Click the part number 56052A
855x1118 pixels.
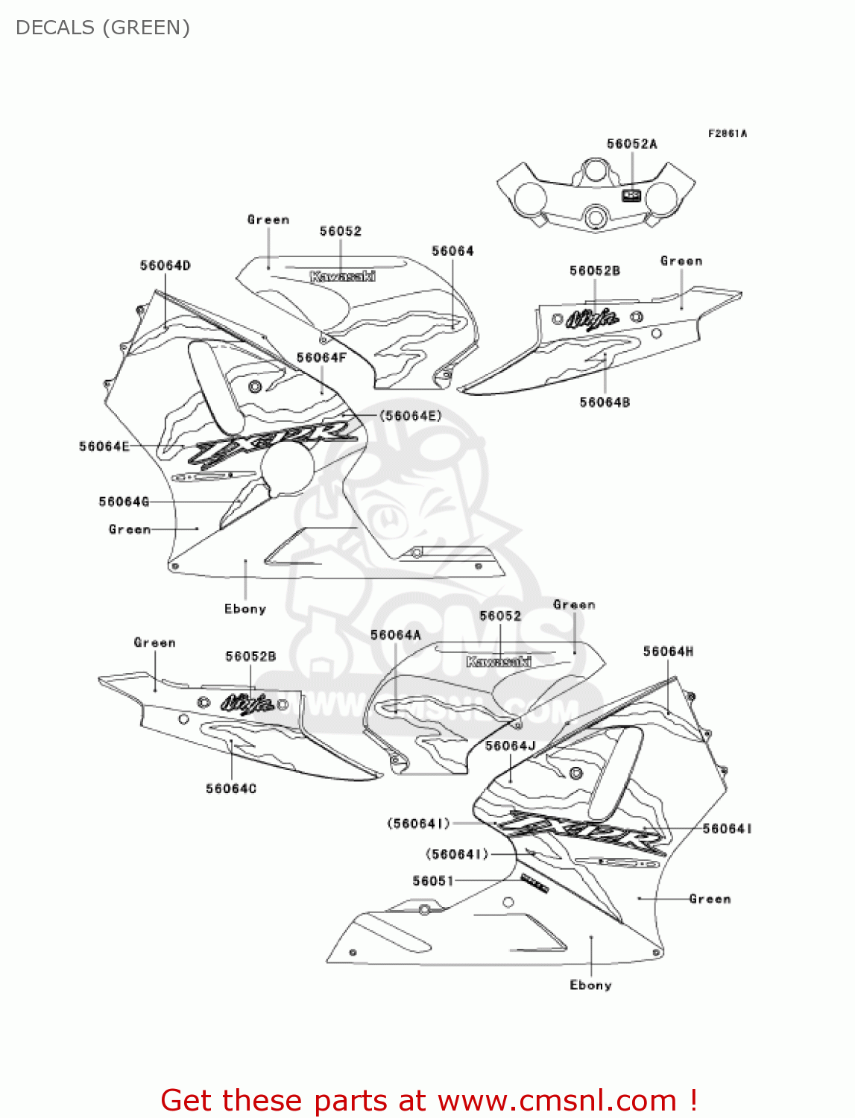pyautogui.click(x=631, y=144)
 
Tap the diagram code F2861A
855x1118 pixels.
pyautogui.click(x=727, y=133)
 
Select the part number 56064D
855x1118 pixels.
pyautogui.click(x=165, y=265)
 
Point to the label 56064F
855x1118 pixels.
pyautogui.click(x=321, y=358)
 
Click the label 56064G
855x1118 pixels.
pyautogui.click(x=124, y=502)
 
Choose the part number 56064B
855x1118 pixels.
pyautogui.click(x=605, y=402)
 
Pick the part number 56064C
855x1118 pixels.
pyautogui.click(x=231, y=789)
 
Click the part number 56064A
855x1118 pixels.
pyautogui.click(x=396, y=635)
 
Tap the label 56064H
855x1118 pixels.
pyautogui.click(x=668, y=651)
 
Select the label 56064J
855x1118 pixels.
pyautogui.click(x=511, y=745)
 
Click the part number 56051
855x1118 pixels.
pyautogui.click(x=432, y=881)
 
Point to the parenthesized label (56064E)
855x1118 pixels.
pyautogui.click(x=411, y=416)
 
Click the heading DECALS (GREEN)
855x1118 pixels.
pyautogui.click(x=103, y=28)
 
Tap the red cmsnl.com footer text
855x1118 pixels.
pyautogui.click(x=429, y=1100)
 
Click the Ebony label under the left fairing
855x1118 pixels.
pyautogui.click(x=245, y=609)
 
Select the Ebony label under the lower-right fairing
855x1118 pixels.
pyautogui.click(x=590, y=985)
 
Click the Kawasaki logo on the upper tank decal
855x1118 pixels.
pyautogui.click(x=342, y=277)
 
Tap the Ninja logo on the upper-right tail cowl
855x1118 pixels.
pyautogui.click(x=593, y=319)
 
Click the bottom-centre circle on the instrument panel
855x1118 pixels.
pyautogui.click(x=595, y=218)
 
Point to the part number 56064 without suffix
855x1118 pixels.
pyautogui.click(x=452, y=251)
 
